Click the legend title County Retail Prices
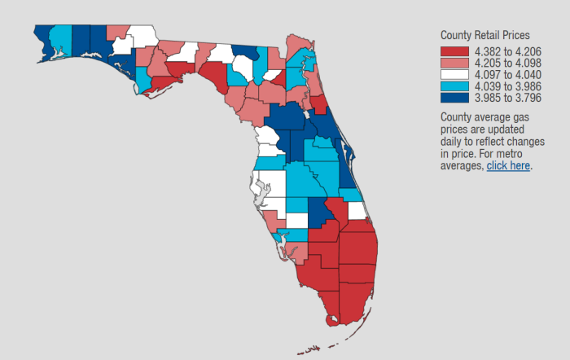[485, 35]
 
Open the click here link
[508, 165]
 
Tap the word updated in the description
[503, 130]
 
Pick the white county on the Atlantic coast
[357, 211]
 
